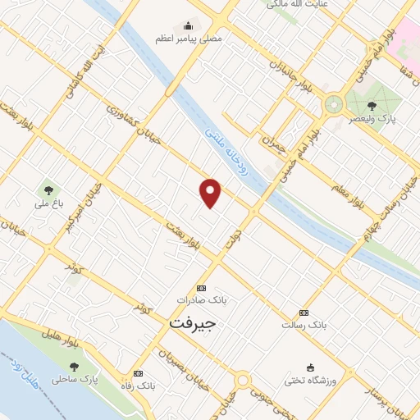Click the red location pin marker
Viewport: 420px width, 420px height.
point(211,192)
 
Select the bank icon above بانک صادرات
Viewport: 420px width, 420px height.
point(202,288)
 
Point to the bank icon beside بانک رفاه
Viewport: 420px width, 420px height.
point(137,373)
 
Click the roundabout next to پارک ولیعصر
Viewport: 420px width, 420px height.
point(333,105)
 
